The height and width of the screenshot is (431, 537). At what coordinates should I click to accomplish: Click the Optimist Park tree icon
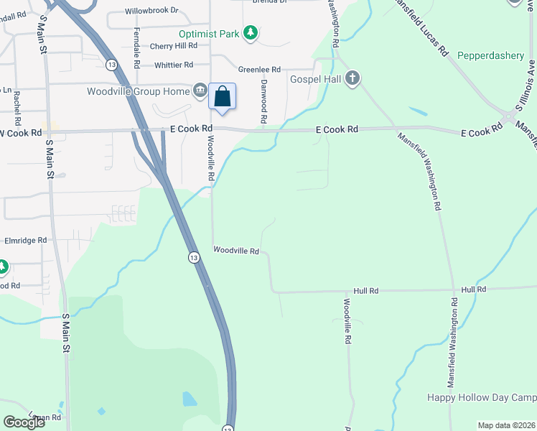point(251,33)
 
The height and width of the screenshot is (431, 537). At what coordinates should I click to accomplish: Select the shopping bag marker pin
point(223,96)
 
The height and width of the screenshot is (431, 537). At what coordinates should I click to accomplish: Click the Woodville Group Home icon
point(200,91)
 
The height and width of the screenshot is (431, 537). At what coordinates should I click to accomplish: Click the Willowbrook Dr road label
point(151,11)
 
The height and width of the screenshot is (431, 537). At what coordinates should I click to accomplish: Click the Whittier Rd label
point(174,65)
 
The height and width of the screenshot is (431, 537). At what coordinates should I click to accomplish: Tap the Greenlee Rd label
point(259,70)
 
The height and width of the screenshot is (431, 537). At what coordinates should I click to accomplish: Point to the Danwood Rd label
point(264,100)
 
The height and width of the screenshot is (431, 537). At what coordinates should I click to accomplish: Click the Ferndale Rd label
point(136,44)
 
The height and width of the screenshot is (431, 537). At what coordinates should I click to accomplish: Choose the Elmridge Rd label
point(26,240)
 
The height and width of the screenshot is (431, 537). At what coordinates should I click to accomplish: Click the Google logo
point(24,422)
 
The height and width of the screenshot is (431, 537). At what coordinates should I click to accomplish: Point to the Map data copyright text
point(505,425)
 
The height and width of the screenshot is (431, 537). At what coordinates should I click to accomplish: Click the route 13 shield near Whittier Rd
point(111,65)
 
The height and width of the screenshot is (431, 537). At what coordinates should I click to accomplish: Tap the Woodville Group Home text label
point(138,91)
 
